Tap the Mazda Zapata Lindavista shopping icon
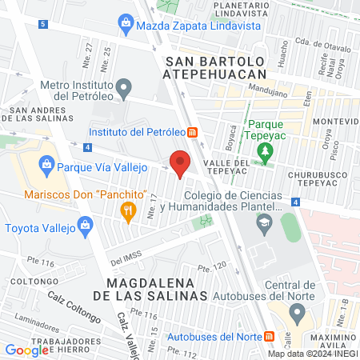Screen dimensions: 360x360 126,26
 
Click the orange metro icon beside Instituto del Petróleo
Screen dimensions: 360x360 193,131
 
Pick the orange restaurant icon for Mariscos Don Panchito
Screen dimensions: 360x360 126,210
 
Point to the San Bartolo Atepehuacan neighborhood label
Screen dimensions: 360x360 213,67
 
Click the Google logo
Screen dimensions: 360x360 27,350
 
